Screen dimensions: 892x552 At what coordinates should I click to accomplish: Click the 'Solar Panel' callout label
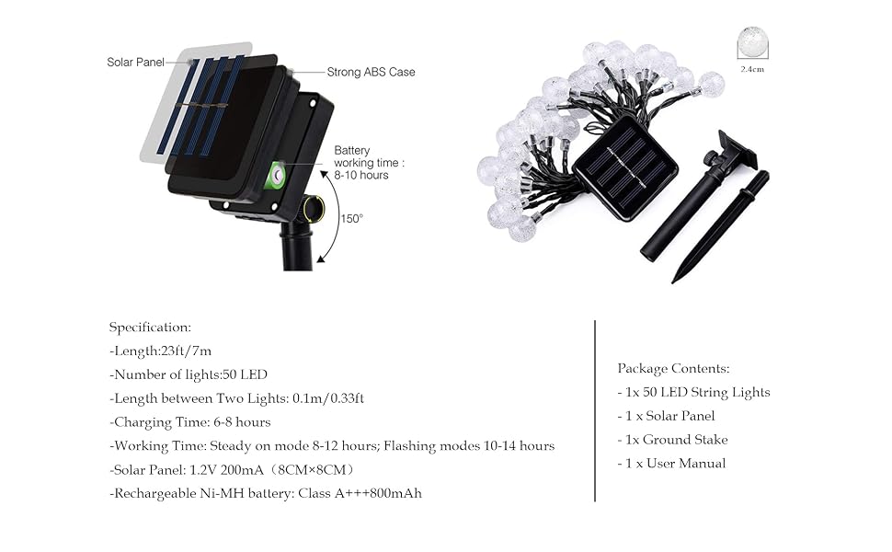click(x=135, y=62)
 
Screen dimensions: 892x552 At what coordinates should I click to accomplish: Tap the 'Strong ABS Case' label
click(x=371, y=73)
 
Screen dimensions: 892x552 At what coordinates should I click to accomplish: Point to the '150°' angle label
click(x=351, y=219)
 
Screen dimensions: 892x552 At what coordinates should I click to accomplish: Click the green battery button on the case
click(x=277, y=176)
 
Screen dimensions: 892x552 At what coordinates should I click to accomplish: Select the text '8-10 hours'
click(x=361, y=176)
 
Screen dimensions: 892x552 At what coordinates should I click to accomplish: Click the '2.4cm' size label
click(x=752, y=69)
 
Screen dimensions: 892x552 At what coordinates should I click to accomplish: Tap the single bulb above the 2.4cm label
click(x=752, y=42)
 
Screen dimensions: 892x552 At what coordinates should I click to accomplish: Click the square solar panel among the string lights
click(x=625, y=167)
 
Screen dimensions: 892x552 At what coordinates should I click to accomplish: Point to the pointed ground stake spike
click(x=721, y=226)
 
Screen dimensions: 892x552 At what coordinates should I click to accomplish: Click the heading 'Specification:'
click(x=150, y=328)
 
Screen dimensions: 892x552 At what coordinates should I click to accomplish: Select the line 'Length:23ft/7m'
click(x=160, y=351)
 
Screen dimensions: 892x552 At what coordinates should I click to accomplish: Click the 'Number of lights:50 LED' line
click(x=189, y=374)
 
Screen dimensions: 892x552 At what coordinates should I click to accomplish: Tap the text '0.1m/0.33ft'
click(x=328, y=398)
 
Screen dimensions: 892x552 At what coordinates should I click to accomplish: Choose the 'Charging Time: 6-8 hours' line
click(x=190, y=422)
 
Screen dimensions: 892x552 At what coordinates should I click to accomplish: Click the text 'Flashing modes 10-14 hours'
click(x=469, y=445)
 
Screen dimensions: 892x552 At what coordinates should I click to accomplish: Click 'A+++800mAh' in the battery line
click(x=378, y=493)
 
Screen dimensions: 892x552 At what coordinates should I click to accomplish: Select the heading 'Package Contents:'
click(x=673, y=369)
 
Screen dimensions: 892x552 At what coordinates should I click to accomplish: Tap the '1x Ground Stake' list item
click(x=672, y=440)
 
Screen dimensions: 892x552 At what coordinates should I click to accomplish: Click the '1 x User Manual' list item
click(x=672, y=464)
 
